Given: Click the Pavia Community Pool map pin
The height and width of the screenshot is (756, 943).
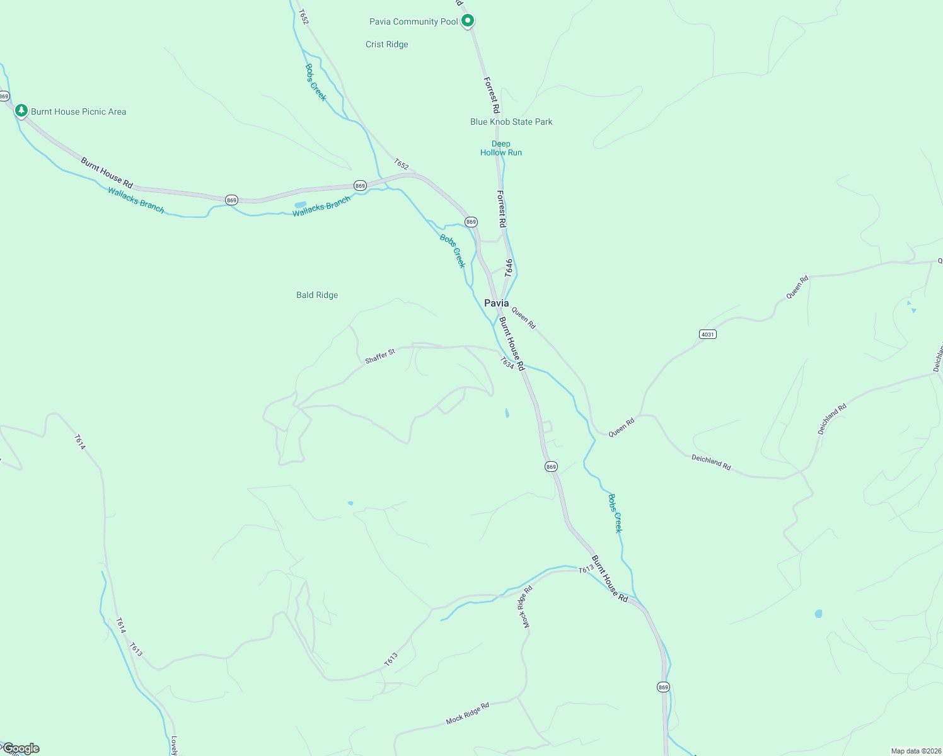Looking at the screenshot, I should (x=468, y=21).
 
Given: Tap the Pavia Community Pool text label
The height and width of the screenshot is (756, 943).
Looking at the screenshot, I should (x=414, y=22).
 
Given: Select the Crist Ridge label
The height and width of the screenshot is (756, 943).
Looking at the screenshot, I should (x=387, y=45).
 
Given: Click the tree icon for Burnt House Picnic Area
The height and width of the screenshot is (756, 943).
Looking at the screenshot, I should (x=21, y=111).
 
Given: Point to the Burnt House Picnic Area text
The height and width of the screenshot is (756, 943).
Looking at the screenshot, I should (x=79, y=112).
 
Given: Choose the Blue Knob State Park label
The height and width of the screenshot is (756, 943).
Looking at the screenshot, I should (x=511, y=122).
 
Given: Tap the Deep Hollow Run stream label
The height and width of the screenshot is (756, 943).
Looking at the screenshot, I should (x=501, y=148).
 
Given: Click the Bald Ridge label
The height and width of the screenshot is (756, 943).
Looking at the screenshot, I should (x=317, y=295).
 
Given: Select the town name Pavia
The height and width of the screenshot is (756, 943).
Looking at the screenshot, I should (x=496, y=304).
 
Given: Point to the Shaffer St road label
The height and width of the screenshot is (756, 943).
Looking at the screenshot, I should (x=380, y=356).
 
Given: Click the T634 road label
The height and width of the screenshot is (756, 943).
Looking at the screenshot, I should (x=507, y=363).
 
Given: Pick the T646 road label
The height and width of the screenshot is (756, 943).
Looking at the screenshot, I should (x=509, y=268).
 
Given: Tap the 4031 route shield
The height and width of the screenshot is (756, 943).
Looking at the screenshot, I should (x=708, y=334).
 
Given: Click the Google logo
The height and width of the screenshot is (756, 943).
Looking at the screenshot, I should (x=21, y=748).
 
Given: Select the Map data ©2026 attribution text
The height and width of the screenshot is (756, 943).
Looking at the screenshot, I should (x=916, y=751).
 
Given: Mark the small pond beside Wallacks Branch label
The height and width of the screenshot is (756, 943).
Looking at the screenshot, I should (x=300, y=205).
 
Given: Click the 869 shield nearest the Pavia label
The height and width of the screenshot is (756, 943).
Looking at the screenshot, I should (x=471, y=222).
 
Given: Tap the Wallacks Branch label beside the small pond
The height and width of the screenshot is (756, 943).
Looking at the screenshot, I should (x=321, y=207).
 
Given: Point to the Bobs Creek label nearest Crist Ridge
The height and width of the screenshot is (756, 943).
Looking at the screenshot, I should (x=316, y=82).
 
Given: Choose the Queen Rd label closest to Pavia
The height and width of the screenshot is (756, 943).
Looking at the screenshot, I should (x=523, y=318).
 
